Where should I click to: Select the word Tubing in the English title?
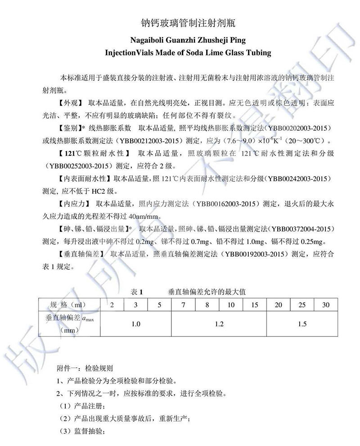pyautogui.click(x=258, y=53)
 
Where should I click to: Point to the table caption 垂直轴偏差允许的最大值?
pyautogui.click(x=207, y=292)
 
